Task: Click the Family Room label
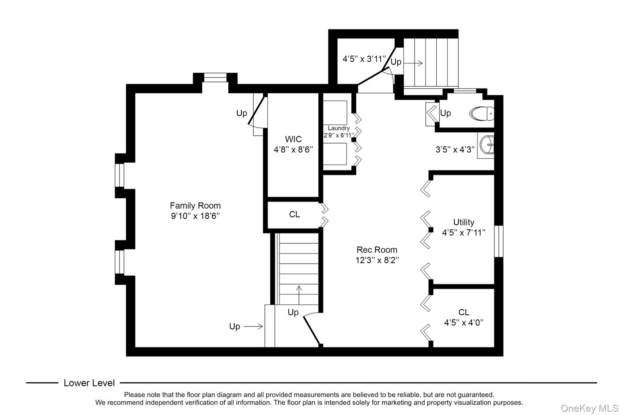[x=195, y=206]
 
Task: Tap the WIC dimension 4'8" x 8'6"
[x=293, y=150]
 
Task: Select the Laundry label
[x=339, y=128]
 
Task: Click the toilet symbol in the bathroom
[x=482, y=114]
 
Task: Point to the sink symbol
[x=487, y=145]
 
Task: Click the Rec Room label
[x=377, y=250]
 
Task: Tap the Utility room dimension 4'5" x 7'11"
[x=463, y=233]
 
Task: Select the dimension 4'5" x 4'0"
[x=463, y=323]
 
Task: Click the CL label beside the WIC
[x=294, y=214]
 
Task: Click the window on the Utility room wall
[x=498, y=241]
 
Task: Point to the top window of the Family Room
[x=215, y=78]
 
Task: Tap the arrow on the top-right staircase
[x=413, y=63]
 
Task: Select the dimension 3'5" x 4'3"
[x=455, y=149]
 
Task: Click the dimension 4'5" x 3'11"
[x=364, y=59]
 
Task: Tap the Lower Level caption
[x=89, y=383]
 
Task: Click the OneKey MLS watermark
[x=589, y=408]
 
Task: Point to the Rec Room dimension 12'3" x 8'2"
[x=377, y=260]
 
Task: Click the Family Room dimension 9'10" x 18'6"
[x=195, y=216]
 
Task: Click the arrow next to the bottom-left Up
[x=253, y=327]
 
